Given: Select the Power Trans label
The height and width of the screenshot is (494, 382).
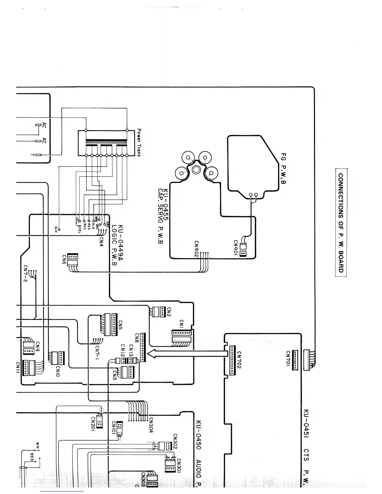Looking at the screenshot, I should click(139, 143).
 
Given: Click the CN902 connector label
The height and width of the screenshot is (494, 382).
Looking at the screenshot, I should click(196, 249).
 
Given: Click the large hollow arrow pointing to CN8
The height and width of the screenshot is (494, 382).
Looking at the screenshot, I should click(187, 353).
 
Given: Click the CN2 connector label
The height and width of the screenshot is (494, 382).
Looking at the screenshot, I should click(169, 312).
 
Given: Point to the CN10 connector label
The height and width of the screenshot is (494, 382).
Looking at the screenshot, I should click(57, 371).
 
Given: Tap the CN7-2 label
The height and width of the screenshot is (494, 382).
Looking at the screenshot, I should click(26, 273).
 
